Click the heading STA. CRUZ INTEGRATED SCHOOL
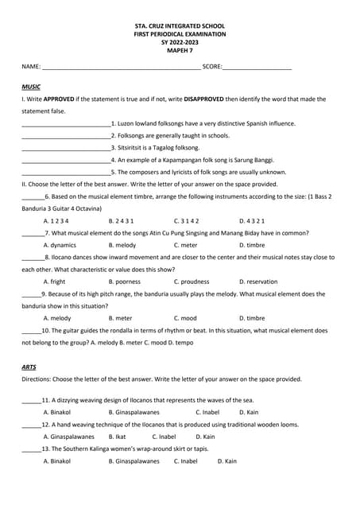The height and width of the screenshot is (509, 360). click(x=180, y=27)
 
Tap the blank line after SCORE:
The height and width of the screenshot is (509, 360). click(x=257, y=68)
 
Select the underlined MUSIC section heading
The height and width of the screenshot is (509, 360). click(x=31, y=86)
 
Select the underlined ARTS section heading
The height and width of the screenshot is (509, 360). click(x=29, y=367)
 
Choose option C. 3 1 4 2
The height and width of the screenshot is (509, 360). click(x=187, y=220)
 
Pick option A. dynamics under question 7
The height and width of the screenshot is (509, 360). click(x=60, y=245)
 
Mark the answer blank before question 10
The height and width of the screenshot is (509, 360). click(x=30, y=331)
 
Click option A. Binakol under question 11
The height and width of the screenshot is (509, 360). click(x=56, y=412)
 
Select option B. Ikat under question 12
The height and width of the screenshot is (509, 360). click(x=117, y=437)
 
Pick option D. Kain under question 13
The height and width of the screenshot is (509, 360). click(x=226, y=461)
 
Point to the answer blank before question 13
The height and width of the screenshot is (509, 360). click(x=30, y=449)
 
